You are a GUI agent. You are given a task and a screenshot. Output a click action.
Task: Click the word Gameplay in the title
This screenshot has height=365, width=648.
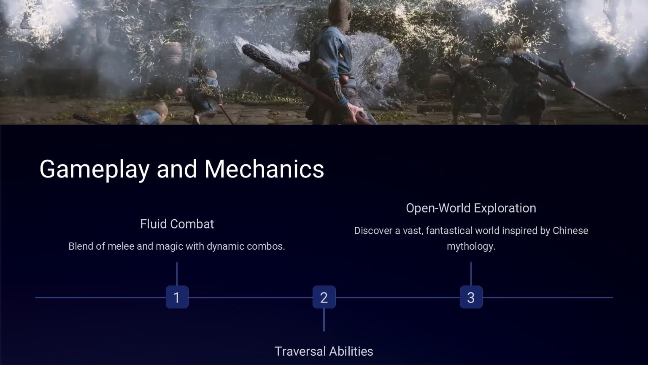(94, 169)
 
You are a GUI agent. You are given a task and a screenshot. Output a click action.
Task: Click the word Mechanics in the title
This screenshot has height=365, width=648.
(264, 169)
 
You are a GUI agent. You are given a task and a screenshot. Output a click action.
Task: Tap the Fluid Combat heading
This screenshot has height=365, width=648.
(177, 224)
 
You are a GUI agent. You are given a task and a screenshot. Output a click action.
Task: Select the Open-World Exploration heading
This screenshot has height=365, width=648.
(471, 208)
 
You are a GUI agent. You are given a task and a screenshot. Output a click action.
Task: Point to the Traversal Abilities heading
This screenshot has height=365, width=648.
(324, 351)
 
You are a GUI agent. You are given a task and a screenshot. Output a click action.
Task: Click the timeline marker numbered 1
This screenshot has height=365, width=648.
(177, 297)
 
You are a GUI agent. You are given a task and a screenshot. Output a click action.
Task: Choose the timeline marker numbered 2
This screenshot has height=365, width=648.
(324, 297)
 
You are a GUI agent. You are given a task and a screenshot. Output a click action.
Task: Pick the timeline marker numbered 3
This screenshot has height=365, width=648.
(471, 297)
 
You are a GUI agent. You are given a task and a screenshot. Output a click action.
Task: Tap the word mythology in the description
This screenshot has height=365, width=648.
(471, 247)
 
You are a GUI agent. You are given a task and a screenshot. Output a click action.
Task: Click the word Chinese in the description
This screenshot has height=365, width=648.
(570, 231)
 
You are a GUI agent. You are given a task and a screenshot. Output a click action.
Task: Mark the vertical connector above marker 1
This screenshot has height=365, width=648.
(177, 274)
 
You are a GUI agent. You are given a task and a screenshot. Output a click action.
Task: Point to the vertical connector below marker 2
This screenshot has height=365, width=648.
(324, 320)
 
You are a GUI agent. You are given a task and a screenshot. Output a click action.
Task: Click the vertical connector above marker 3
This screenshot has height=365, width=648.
(471, 274)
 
